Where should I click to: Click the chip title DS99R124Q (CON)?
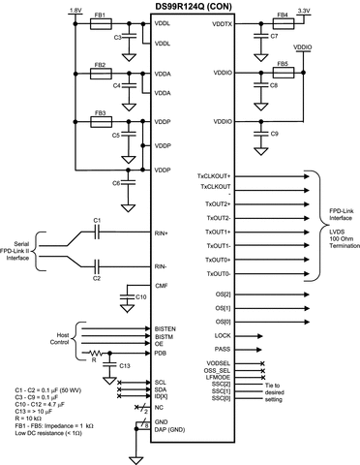(194, 6)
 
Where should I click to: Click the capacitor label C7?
(274, 36)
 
